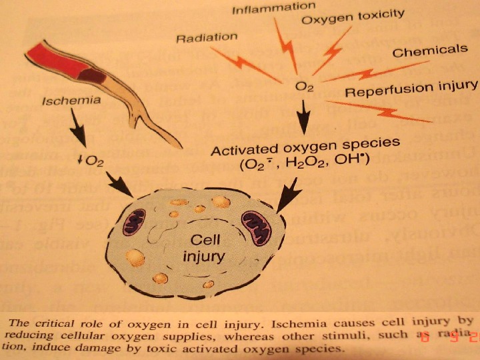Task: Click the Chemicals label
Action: pyautogui.click(x=429, y=50)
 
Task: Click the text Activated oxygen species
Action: pyautogui.click(x=305, y=144)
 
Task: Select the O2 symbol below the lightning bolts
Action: pyautogui.click(x=304, y=87)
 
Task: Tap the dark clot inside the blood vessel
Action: pyautogui.click(x=94, y=75)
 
